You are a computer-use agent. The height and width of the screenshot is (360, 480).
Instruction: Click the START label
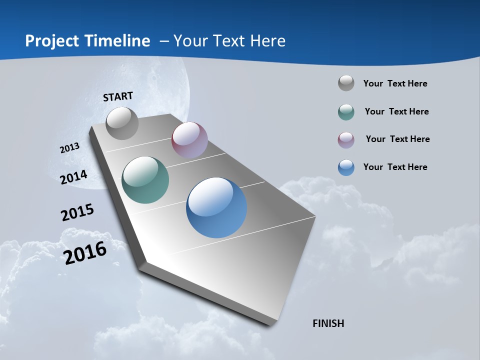[x=118, y=96]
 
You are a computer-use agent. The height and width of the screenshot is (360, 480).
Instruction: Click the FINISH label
[x=328, y=323]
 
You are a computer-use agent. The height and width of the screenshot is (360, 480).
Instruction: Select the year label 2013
[x=69, y=148]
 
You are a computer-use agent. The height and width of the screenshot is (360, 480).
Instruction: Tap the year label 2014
[x=73, y=177]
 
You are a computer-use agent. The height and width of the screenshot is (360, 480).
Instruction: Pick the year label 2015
[x=77, y=212]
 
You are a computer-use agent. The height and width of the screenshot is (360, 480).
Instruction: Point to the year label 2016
[x=85, y=253]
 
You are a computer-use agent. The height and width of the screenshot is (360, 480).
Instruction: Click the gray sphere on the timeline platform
[x=122, y=123]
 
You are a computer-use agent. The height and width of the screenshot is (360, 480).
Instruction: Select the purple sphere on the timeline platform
[x=189, y=140]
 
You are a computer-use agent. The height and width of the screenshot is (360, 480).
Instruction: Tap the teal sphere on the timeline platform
[x=145, y=180]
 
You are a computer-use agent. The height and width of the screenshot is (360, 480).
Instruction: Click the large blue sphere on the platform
[x=216, y=207]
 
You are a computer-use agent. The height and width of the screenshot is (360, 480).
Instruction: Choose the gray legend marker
[x=346, y=83]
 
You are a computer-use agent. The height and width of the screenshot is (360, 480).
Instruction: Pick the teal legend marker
[x=346, y=112]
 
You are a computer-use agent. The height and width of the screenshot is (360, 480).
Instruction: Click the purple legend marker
[x=346, y=140]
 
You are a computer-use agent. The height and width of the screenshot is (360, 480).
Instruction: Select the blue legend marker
[x=346, y=167]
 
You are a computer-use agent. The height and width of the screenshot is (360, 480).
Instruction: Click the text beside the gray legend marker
[x=395, y=83]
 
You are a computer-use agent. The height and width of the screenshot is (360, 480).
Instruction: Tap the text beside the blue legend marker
[x=395, y=167]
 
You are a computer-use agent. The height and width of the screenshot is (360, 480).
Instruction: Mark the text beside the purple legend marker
[x=397, y=139]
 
